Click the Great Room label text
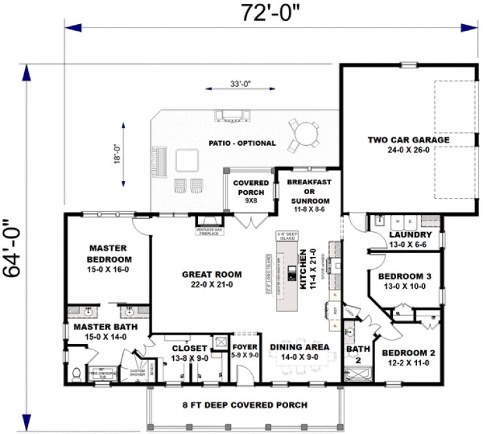(x=211, y=279)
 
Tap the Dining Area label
(x=300, y=351)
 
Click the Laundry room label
(x=410, y=239)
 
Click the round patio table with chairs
(x=305, y=133)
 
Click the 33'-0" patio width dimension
(x=241, y=84)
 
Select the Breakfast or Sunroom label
(x=309, y=191)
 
